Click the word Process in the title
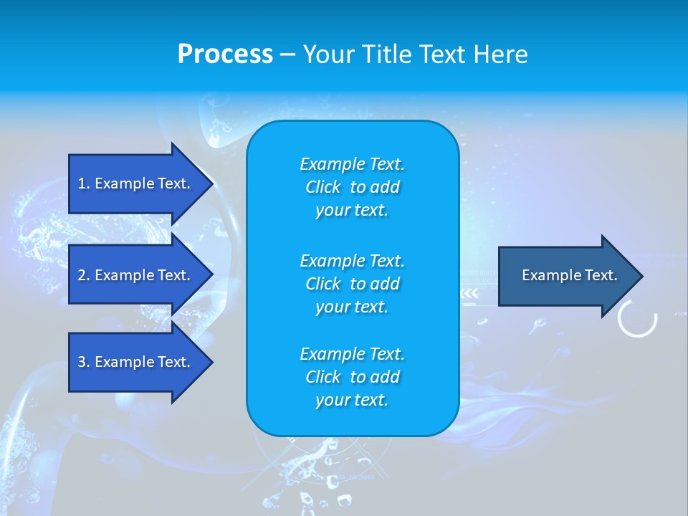[225, 54]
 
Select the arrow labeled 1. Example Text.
[136, 183]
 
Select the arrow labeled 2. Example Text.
[136, 275]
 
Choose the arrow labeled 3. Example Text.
[136, 362]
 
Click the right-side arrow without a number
[566, 275]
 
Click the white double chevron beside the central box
[469, 293]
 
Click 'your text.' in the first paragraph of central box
[352, 211]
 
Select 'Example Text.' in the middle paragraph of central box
[352, 260]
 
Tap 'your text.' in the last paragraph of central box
[352, 401]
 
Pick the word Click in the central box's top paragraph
[323, 187]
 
